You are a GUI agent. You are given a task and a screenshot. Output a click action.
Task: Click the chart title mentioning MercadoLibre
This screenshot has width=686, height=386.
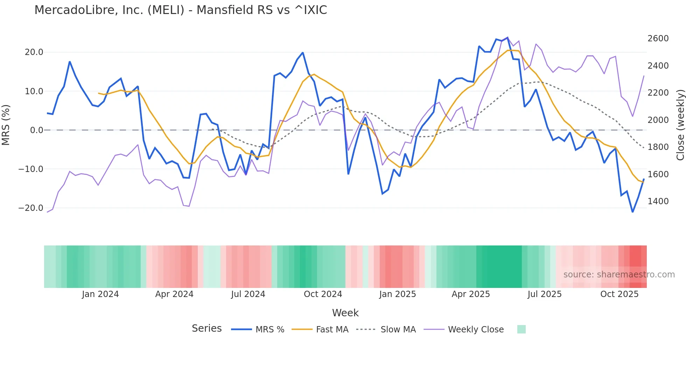point(181,10)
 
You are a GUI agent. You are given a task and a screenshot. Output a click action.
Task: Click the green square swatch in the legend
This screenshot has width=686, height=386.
point(521,329)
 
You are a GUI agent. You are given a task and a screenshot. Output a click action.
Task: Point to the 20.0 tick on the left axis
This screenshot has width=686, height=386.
point(34,52)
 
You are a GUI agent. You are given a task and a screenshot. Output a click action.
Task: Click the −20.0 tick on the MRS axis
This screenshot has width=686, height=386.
point(31,208)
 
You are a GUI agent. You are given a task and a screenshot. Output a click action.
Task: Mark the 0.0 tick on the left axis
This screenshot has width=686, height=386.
point(36,130)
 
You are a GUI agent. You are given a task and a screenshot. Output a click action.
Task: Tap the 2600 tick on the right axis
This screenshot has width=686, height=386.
point(658,39)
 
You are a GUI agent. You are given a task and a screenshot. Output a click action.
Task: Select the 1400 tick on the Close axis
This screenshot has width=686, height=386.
point(658,201)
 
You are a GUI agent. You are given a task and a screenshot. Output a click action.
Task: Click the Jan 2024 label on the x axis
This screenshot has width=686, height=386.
point(100,294)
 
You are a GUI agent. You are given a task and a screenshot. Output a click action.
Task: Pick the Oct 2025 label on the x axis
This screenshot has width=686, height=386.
point(619,294)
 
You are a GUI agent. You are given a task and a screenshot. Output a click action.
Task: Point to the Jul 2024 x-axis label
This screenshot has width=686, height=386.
point(248,294)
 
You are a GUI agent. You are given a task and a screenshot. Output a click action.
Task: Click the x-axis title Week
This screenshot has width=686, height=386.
point(345,313)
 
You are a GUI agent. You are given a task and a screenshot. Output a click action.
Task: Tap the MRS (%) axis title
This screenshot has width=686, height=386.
point(6,125)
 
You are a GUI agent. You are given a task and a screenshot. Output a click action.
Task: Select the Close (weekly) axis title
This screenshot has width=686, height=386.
point(680,125)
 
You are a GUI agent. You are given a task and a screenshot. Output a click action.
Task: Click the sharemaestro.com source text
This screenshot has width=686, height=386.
point(619,275)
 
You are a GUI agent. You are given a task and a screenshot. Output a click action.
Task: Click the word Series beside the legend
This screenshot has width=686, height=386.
point(206,329)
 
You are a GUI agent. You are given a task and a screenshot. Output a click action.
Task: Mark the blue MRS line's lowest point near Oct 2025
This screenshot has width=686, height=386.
point(632,212)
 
